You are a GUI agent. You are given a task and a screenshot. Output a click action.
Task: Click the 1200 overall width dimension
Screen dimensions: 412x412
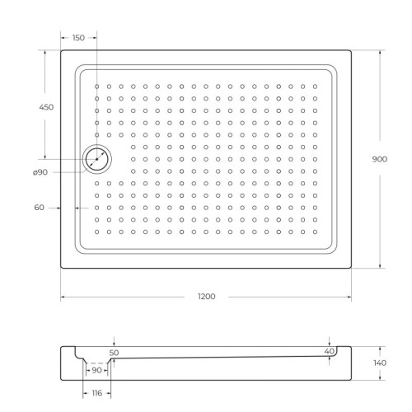207,297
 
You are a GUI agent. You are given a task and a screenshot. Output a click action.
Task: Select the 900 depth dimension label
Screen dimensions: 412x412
380,159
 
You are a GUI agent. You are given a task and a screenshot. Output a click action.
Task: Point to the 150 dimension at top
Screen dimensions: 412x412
79,38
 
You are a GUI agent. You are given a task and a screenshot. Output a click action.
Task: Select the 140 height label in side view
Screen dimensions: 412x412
380,362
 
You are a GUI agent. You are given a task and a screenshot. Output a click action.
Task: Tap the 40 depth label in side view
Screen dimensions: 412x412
329,352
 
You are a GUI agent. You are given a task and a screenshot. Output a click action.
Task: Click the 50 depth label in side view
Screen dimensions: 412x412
115,352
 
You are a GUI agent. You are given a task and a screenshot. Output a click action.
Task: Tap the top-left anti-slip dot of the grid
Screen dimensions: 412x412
97,86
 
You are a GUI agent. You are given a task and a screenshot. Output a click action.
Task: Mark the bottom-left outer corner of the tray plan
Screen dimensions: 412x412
61,269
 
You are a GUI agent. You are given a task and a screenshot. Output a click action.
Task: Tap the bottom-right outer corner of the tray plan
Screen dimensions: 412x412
352,269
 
